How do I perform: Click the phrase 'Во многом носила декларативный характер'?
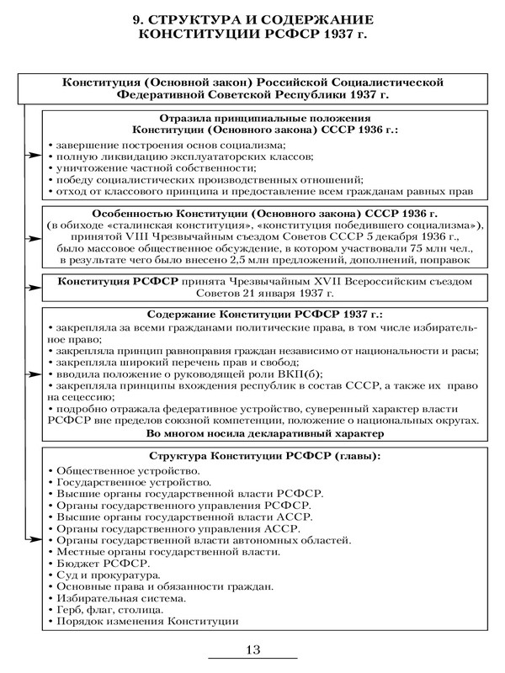coord(258,433)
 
